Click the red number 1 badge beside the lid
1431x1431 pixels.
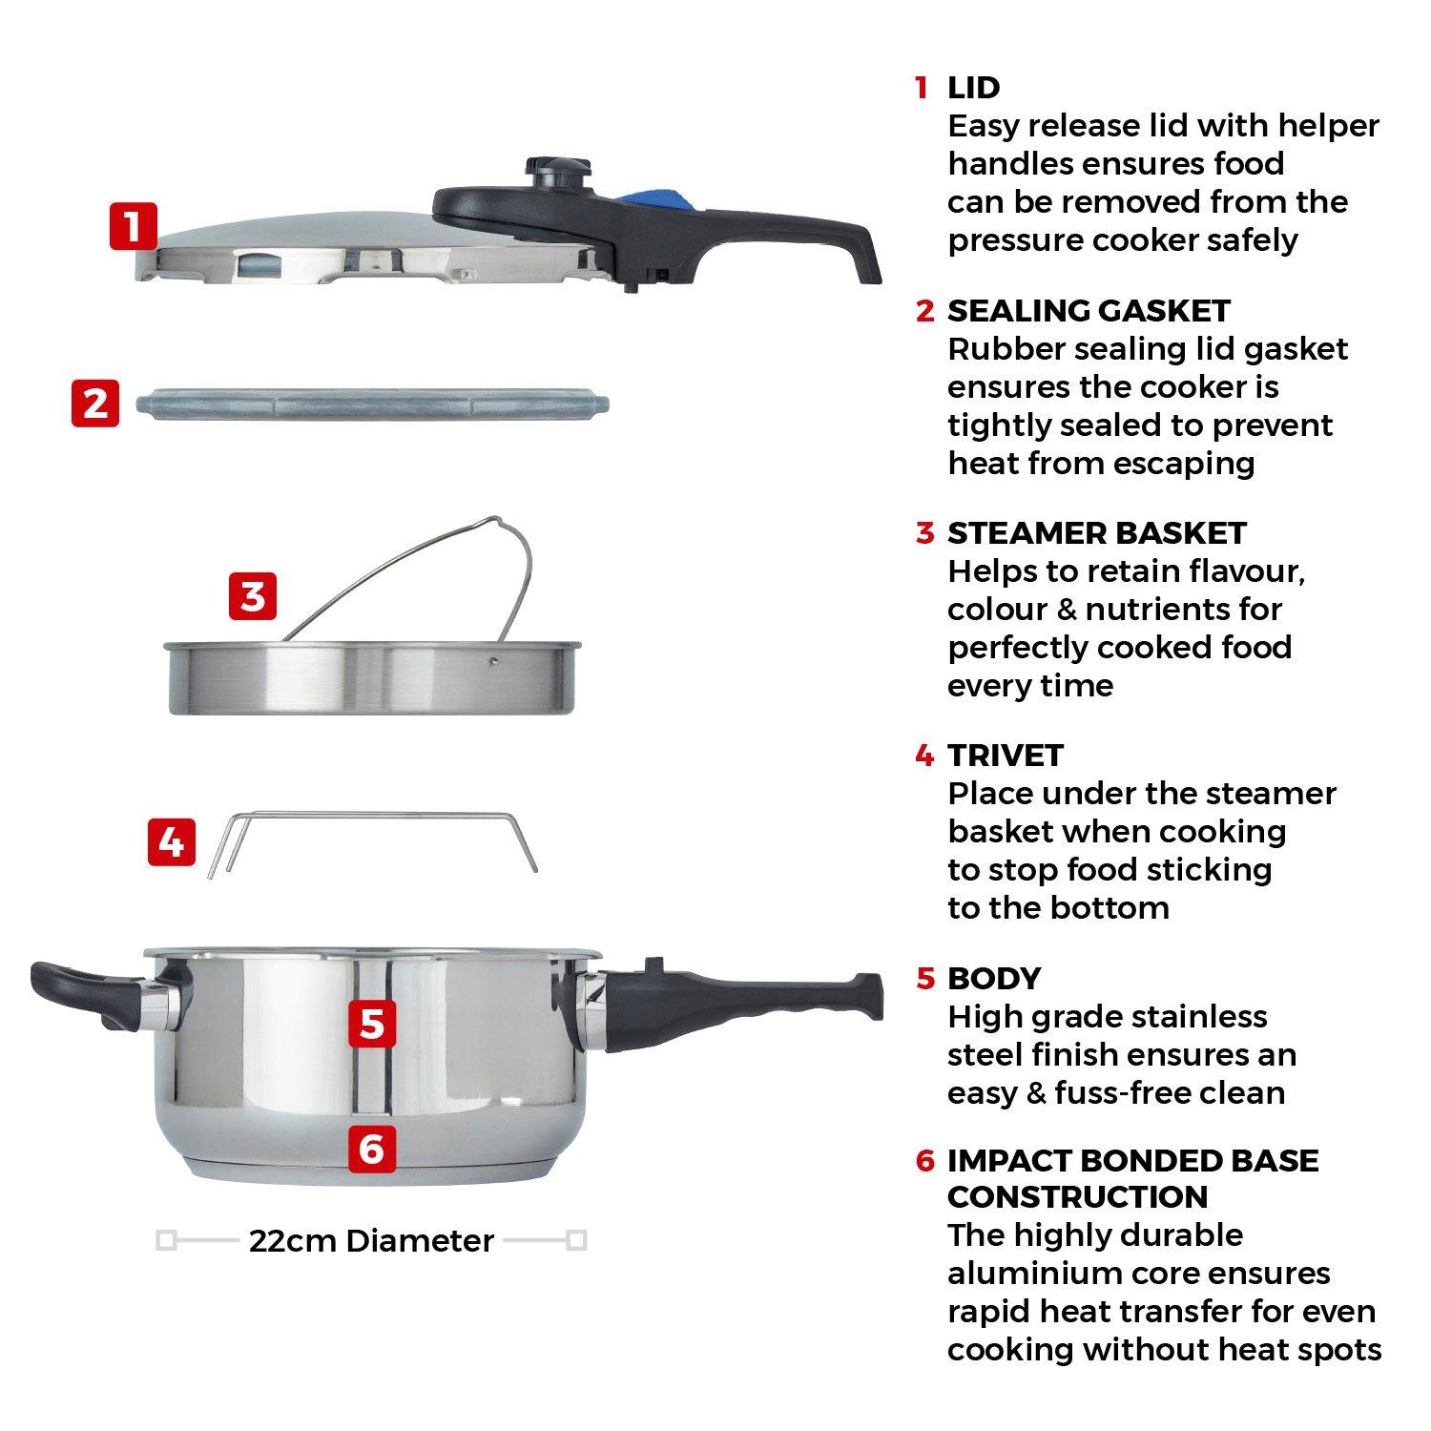(133, 226)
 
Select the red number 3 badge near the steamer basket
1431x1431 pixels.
(253, 596)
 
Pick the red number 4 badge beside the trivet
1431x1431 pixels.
(172, 842)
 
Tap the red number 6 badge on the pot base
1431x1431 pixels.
(372, 1149)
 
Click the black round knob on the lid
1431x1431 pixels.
(556, 174)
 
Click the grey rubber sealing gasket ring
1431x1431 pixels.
(372, 404)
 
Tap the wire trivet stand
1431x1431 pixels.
(372, 816)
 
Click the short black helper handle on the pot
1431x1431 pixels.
(86, 992)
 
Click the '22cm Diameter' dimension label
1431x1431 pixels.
(371, 1241)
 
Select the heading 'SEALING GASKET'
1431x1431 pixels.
(1089, 311)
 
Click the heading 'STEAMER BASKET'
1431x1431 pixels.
(1096, 533)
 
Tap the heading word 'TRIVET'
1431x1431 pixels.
(1005, 756)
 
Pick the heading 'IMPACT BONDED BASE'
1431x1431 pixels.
(1132, 1161)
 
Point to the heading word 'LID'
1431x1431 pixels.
(973, 88)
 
